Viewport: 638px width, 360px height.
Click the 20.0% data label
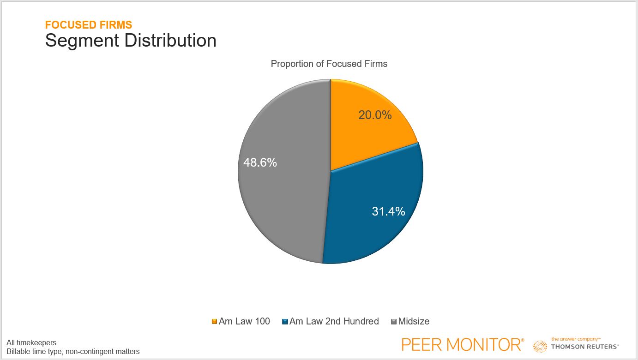click(375, 115)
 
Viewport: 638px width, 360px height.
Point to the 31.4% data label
click(388, 211)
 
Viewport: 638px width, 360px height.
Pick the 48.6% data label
click(260, 162)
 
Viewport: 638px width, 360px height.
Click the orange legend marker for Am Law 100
click(214, 322)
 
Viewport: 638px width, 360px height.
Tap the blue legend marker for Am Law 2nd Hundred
click(285, 322)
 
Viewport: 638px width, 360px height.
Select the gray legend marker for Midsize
click(394, 322)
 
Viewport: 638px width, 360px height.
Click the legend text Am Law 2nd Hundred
click(334, 321)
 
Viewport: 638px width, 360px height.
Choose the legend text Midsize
click(414, 321)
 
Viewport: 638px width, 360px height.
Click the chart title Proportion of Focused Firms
click(329, 64)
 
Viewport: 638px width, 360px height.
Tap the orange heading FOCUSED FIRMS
click(88, 25)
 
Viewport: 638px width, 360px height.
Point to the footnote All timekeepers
click(31, 342)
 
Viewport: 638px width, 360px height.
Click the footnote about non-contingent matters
click(73, 352)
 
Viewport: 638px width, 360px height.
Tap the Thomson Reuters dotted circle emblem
click(540, 347)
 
